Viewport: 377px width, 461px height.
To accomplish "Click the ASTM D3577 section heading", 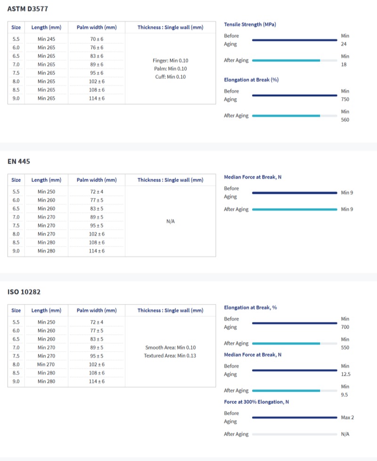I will click(x=28, y=8).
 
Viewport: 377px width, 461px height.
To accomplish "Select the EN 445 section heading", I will click(x=19, y=161).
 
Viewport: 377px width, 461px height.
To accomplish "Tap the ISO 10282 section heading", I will click(x=24, y=292).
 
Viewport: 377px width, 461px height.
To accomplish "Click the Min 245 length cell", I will click(x=46, y=39).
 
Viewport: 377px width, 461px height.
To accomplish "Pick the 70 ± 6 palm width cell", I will click(x=97, y=39).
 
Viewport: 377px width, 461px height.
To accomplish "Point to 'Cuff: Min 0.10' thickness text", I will click(x=171, y=77).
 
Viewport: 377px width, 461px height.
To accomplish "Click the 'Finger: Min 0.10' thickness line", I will click(x=171, y=61).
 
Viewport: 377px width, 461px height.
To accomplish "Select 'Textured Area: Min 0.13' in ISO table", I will click(x=170, y=355).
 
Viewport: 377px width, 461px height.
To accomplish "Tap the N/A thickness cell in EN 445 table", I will click(x=171, y=221).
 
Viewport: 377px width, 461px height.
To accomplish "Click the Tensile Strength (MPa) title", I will click(x=250, y=24).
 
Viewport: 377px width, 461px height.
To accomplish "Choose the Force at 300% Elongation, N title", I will click(x=256, y=402).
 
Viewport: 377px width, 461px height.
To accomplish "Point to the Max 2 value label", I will click(x=347, y=418).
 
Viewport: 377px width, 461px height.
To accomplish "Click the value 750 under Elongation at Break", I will click(x=345, y=99).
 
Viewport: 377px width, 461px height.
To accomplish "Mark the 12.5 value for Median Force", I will click(x=345, y=374).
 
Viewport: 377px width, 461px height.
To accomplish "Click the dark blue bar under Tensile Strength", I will click(x=295, y=40).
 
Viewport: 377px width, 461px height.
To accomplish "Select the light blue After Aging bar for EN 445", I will click(x=295, y=209).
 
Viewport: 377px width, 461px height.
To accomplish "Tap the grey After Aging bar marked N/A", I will click(x=295, y=434).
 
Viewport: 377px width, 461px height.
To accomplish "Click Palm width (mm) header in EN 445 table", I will click(x=97, y=180).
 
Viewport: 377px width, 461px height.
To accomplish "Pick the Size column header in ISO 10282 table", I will click(x=16, y=311).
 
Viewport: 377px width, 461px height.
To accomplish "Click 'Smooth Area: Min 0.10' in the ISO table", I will click(x=171, y=347).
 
